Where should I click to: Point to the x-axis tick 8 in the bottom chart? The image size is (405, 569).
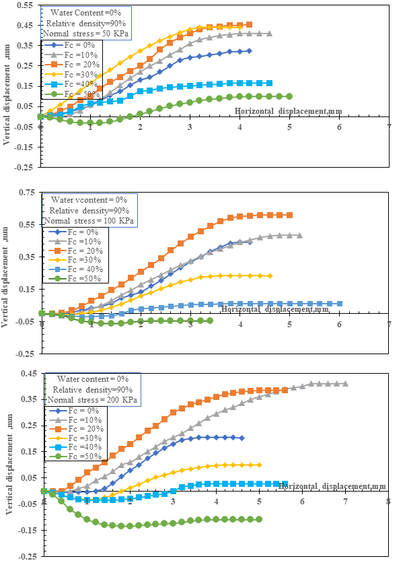[388, 501]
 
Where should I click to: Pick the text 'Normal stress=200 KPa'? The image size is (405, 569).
[95, 399]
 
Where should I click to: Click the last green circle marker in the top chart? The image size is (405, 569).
[289, 96]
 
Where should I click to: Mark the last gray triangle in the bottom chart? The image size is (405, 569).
[345, 384]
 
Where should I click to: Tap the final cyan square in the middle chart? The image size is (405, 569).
[339, 304]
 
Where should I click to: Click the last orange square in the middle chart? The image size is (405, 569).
[289, 215]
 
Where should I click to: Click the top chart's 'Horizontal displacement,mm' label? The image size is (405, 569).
[281, 110]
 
